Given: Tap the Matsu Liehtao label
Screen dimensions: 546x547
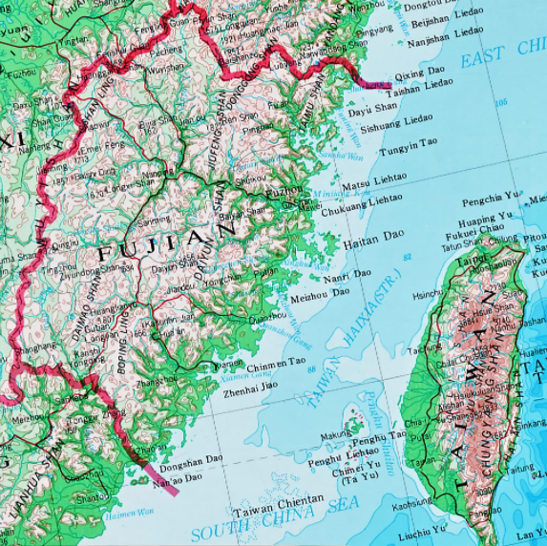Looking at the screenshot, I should pos(373,179).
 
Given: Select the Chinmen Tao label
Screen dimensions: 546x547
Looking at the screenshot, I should pos(277,364).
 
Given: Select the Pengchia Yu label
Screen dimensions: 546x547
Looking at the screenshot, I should pos(490,201).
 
